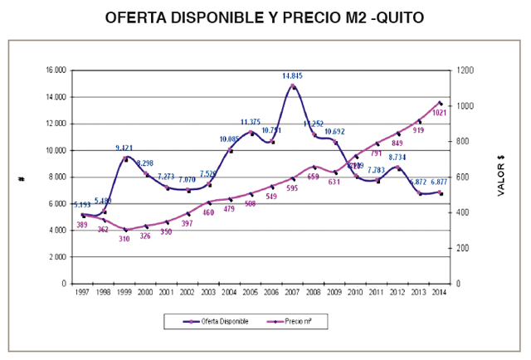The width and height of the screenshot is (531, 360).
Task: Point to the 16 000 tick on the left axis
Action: [56, 71]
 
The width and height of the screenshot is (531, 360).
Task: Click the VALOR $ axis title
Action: [501, 178]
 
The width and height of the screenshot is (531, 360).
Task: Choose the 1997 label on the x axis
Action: [81, 292]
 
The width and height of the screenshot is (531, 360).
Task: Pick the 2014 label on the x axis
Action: [440, 292]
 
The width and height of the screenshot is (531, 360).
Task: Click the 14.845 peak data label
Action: [292, 75]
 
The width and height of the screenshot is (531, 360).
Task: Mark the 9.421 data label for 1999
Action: [124, 148]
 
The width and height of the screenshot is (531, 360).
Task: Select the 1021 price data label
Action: [441, 112]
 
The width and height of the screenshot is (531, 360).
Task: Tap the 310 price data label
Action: [124, 239]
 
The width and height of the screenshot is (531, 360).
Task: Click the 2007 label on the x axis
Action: [292, 292]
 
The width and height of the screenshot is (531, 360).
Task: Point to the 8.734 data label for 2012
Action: [398, 157]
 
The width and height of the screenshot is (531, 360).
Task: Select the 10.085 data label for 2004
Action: [230, 139]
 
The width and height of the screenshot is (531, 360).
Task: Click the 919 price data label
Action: [418, 130]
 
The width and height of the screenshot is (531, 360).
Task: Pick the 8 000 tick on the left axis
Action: [57, 177]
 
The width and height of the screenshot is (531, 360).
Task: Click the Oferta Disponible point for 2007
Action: [292, 85]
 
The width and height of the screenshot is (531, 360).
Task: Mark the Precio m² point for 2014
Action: [440, 103]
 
